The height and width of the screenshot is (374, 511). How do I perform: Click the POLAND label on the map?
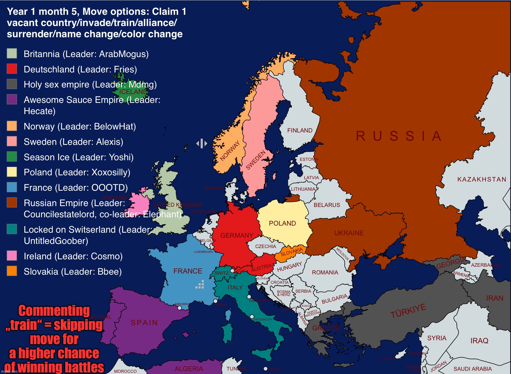point(282,223)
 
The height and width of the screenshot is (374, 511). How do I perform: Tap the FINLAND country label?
point(300,130)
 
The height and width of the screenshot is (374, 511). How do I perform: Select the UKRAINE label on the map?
point(349,233)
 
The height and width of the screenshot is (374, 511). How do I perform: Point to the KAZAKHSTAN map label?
point(482,179)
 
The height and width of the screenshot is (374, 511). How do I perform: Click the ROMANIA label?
point(325,272)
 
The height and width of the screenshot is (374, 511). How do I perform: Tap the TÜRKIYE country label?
point(408,311)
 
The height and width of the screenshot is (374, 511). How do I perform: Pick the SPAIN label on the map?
point(144,323)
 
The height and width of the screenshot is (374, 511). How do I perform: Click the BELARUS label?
point(327,205)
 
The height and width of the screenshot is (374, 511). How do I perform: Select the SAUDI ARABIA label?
point(473,369)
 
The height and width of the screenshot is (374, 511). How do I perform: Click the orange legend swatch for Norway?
point(12,126)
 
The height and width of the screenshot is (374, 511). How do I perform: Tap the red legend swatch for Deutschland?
point(12,69)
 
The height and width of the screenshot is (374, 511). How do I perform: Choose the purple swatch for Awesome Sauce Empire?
point(12,99)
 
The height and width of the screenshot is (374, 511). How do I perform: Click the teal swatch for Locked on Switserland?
point(12,229)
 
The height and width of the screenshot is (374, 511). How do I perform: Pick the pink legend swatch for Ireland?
point(12,256)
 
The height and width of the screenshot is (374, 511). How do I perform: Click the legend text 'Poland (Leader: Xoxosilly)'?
point(77,172)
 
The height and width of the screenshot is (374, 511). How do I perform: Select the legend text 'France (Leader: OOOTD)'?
point(76,188)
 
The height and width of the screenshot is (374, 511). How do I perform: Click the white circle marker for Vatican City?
point(252,317)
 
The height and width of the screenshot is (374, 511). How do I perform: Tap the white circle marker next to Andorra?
point(180,308)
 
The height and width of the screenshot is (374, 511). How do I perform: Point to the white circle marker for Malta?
point(266,369)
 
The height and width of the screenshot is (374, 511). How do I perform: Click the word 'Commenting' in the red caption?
point(54,311)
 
